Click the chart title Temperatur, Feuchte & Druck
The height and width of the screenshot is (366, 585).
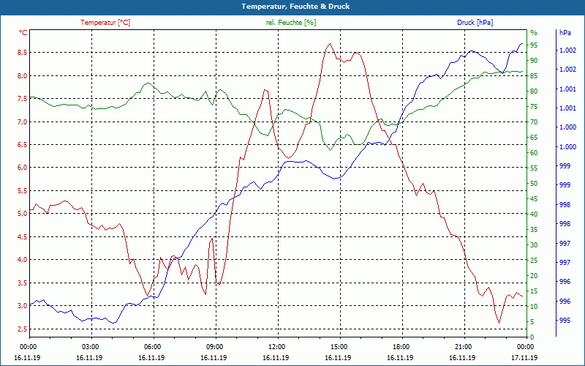click(x=292, y=6)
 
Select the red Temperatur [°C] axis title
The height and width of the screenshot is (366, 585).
click(x=105, y=23)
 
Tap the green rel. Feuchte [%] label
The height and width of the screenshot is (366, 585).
click(x=291, y=23)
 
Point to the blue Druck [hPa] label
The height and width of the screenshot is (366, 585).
click(x=475, y=23)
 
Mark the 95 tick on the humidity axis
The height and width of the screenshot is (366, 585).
click(x=534, y=45)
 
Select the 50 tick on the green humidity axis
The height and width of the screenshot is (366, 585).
click(x=534, y=184)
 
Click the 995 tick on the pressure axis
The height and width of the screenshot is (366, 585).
click(x=565, y=321)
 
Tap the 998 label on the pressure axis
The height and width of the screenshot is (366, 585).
click(x=565, y=224)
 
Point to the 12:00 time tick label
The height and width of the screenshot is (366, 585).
click(x=276, y=346)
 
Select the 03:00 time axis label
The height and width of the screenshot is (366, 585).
click(x=90, y=346)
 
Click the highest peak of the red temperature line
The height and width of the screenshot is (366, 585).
click(x=330, y=44)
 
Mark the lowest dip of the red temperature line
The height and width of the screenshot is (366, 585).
click(x=499, y=323)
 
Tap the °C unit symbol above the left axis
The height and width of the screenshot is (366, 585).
click(x=23, y=33)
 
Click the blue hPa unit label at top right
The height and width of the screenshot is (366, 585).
click(x=565, y=33)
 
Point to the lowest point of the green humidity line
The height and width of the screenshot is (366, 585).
click(x=331, y=150)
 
